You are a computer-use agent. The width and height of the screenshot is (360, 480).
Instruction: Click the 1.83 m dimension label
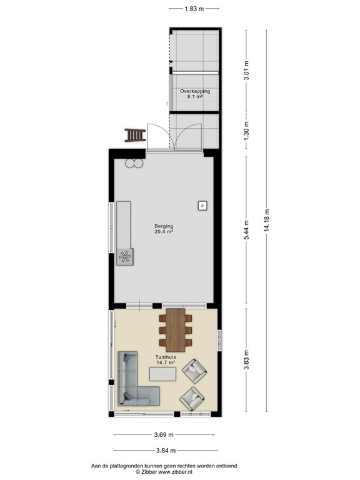[194, 9]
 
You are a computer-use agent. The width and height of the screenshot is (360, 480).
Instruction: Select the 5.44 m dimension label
[247, 231]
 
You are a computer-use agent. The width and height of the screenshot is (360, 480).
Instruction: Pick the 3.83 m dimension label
[247, 359]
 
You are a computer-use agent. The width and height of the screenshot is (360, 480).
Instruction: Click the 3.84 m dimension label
[166, 451]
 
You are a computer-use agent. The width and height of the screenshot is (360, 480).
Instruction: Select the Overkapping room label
[195, 91]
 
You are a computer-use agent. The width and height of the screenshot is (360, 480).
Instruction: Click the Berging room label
[164, 226]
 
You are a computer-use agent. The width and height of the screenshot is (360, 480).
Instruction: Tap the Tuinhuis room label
[165, 357]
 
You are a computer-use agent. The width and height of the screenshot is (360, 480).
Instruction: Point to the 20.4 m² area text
[164, 232]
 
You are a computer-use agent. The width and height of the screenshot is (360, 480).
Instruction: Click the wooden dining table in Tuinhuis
[176, 329]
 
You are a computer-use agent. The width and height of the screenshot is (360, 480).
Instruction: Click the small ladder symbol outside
[134, 134]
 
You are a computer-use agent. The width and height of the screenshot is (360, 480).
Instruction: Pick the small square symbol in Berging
[202, 206]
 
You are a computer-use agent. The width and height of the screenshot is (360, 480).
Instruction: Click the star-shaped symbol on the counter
[126, 256]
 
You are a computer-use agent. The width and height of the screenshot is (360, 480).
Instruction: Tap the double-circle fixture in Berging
[134, 163]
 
